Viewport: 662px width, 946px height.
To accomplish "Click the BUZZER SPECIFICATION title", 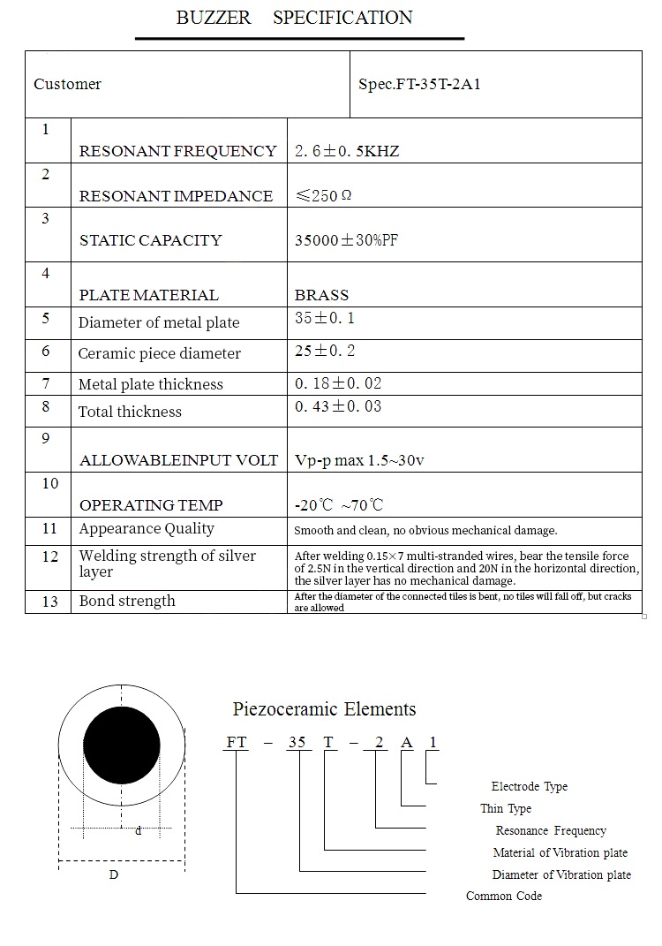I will pos(294,18).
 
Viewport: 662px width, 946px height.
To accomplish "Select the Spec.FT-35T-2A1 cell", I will pos(419,85).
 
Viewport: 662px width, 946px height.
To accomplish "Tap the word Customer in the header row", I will pos(67,85).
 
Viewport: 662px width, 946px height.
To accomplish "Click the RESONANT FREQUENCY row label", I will pos(177,151).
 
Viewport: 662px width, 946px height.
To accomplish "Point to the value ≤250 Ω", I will pos(323,196).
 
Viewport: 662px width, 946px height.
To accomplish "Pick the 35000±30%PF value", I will pos(347,240).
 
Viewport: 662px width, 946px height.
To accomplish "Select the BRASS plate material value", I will pos(321,295).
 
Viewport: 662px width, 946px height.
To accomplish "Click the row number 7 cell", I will pos(46,383).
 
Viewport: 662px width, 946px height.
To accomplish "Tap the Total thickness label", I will pos(130,412).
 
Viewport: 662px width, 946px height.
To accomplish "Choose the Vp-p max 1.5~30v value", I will pos(359,460).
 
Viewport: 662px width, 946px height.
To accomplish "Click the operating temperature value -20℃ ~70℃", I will pos(339,505).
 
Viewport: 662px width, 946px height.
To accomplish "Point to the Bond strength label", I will pos(127,601).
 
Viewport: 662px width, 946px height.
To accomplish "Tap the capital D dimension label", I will pos(113,874).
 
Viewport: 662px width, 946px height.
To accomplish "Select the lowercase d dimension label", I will pos(138,831).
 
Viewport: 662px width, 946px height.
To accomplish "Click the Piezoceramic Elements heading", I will pos(324,709).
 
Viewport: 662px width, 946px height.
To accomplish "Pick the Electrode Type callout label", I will pos(530,787).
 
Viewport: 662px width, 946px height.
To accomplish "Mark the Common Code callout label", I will pos(504,897).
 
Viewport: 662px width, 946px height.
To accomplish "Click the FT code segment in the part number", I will pos(237,743).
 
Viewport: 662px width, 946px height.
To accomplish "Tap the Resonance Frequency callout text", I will pos(551,831).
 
